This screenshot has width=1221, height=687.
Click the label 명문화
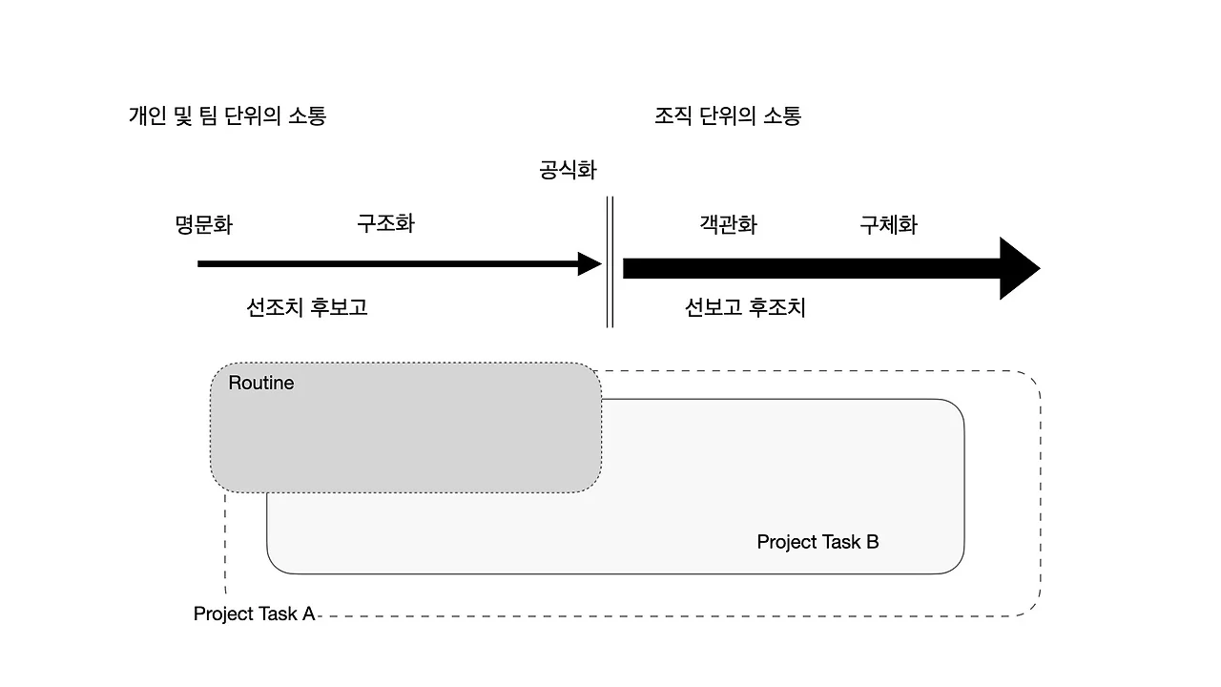[x=203, y=225]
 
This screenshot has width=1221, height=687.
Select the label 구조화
[x=385, y=223]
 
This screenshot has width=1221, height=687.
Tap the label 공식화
[x=568, y=171]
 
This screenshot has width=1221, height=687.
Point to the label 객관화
[x=728, y=224]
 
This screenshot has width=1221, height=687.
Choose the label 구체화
[x=888, y=224]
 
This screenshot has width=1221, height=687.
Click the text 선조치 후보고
[x=307, y=307]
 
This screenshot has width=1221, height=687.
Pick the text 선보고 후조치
[x=745, y=307]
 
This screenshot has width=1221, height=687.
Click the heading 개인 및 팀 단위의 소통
[x=227, y=116]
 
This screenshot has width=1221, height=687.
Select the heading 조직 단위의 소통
[x=728, y=116]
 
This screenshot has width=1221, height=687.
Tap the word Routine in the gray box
[x=261, y=384]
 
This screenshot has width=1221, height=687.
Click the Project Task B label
[x=817, y=542]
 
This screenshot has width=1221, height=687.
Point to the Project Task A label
[x=254, y=614]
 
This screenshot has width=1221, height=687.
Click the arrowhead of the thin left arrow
[x=590, y=264]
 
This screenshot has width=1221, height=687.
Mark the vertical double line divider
[x=610, y=262]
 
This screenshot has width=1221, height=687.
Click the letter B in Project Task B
[x=872, y=542]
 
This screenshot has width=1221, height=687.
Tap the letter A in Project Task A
[x=308, y=614]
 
